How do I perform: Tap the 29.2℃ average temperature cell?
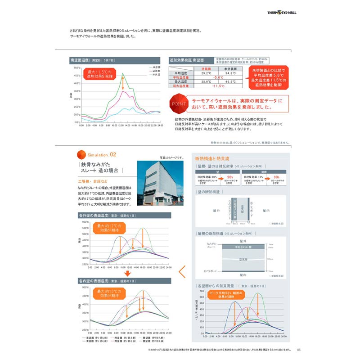(x=206, y=73)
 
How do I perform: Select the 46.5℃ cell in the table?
(x=230, y=81)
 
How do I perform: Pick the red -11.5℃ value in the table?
(x=218, y=85)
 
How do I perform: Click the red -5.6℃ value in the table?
(x=218, y=77)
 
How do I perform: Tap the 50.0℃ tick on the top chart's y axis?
(x=76, y=67)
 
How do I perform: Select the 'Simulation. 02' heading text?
(x=105, y=153)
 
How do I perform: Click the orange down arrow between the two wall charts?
(x=127, y=273)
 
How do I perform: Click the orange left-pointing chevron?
(x=182, y=272)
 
